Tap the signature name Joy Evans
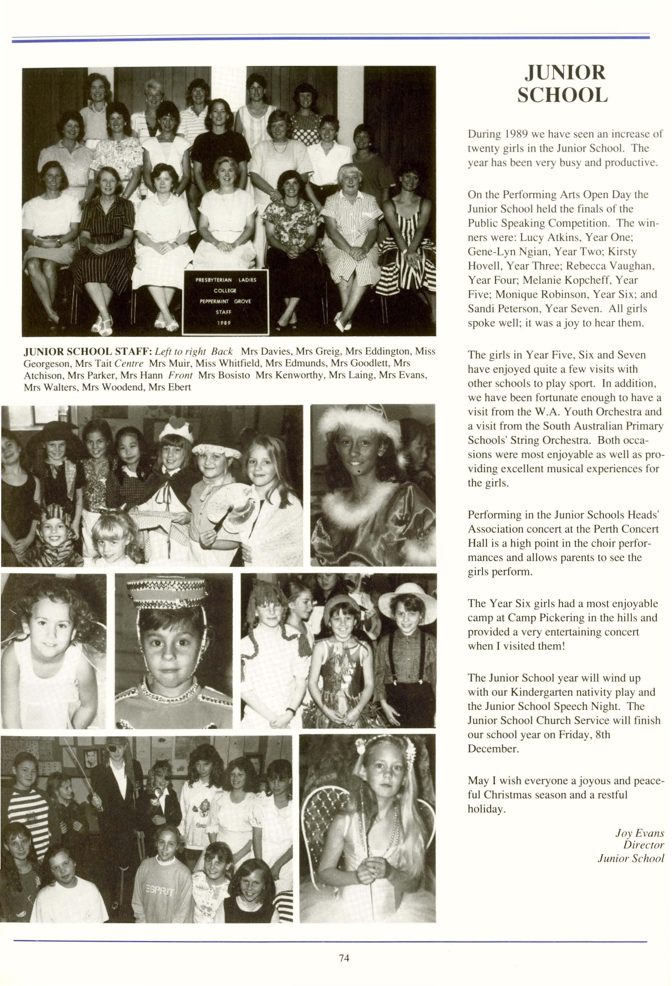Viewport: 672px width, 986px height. pos(639,832)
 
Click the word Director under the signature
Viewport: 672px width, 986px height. pos(643,845)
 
